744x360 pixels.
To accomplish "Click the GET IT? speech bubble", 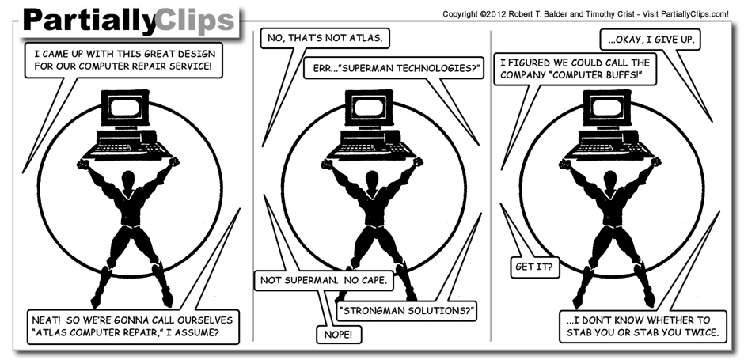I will (535, 267).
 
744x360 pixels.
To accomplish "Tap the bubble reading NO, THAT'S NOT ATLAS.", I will (326, 37).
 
